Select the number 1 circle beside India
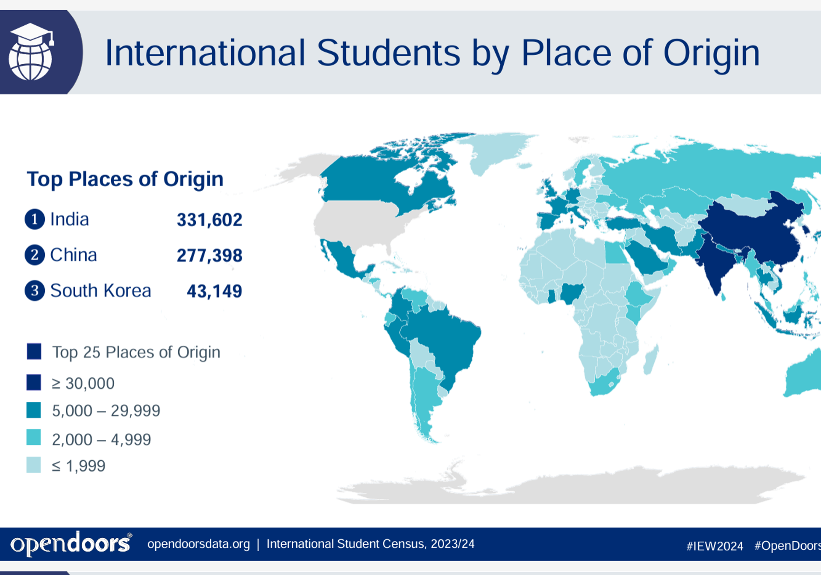tap(35, 219)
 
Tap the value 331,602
tap(210, 220)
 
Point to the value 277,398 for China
tap(210, 255)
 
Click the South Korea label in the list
tap(100, 291)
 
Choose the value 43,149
tap(214, 291)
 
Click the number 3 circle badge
tap(35, 290)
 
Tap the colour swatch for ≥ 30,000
tap(34, 382)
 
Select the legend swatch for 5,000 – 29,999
tap(34, 410)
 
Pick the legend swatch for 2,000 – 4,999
tap(34, 438)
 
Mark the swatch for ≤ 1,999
tap(34, 465)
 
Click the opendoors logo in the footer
tap(71, 544)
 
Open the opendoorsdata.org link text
tap(198, 544)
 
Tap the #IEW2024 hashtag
tap(715, 546)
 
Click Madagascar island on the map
tap(651, 359)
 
